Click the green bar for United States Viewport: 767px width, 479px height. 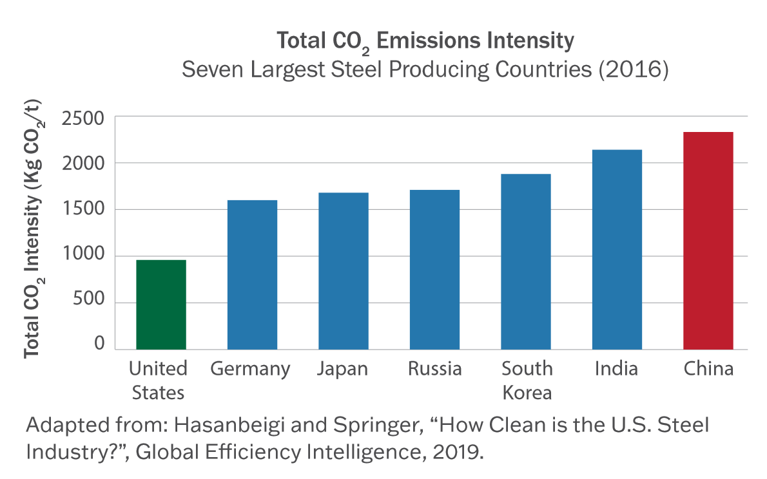tap(161, 305)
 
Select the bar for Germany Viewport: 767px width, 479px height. tap(252, 275)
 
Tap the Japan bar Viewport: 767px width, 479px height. tap(344, 271)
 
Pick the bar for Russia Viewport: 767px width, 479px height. tap(435, 270)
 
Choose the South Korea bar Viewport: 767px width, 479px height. tap(527, 261)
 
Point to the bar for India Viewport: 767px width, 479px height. tap(617, 250)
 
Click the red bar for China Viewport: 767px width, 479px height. tap(708, 241)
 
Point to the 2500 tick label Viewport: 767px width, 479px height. tap(83, 118)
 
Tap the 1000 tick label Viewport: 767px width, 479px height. tap(83, 257)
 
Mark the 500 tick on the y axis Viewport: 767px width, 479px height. tap(89, 303)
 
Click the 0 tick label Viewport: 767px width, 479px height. tap(99, 344)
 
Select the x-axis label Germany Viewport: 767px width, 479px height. tap(251, 369)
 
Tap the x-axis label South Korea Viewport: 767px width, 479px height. tap(527, 380)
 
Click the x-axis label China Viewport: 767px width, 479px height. tap(708, 369)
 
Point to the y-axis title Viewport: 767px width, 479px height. tap(32, 229)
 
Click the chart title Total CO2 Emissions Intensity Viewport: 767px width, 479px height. tap(425, 42)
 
